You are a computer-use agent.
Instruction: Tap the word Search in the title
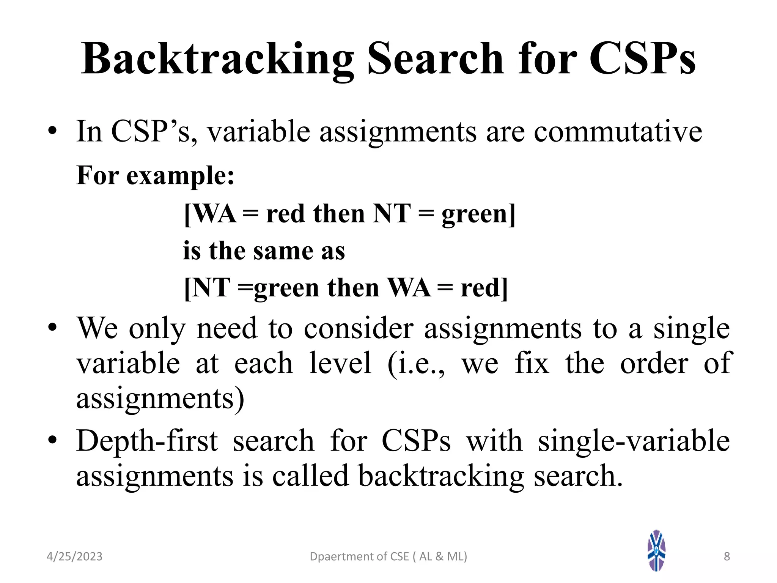point(435,59)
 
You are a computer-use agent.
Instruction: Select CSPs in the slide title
point(642,59)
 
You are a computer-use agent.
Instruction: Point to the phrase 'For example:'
point(156,176)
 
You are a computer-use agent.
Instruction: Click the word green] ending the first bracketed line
point(478,214)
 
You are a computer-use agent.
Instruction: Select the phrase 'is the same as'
point(264,251)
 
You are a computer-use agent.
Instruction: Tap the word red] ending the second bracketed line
point(484,288)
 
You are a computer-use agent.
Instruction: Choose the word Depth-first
point(147,441)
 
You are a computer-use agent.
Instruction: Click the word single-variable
point(634,441)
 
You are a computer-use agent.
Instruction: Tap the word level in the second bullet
point(340,363)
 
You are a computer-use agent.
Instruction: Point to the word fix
point(532,363)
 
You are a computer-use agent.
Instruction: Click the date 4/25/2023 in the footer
point(74,556)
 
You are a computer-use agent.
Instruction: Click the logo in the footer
point(656,550)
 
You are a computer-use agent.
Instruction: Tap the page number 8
point(727,556)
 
